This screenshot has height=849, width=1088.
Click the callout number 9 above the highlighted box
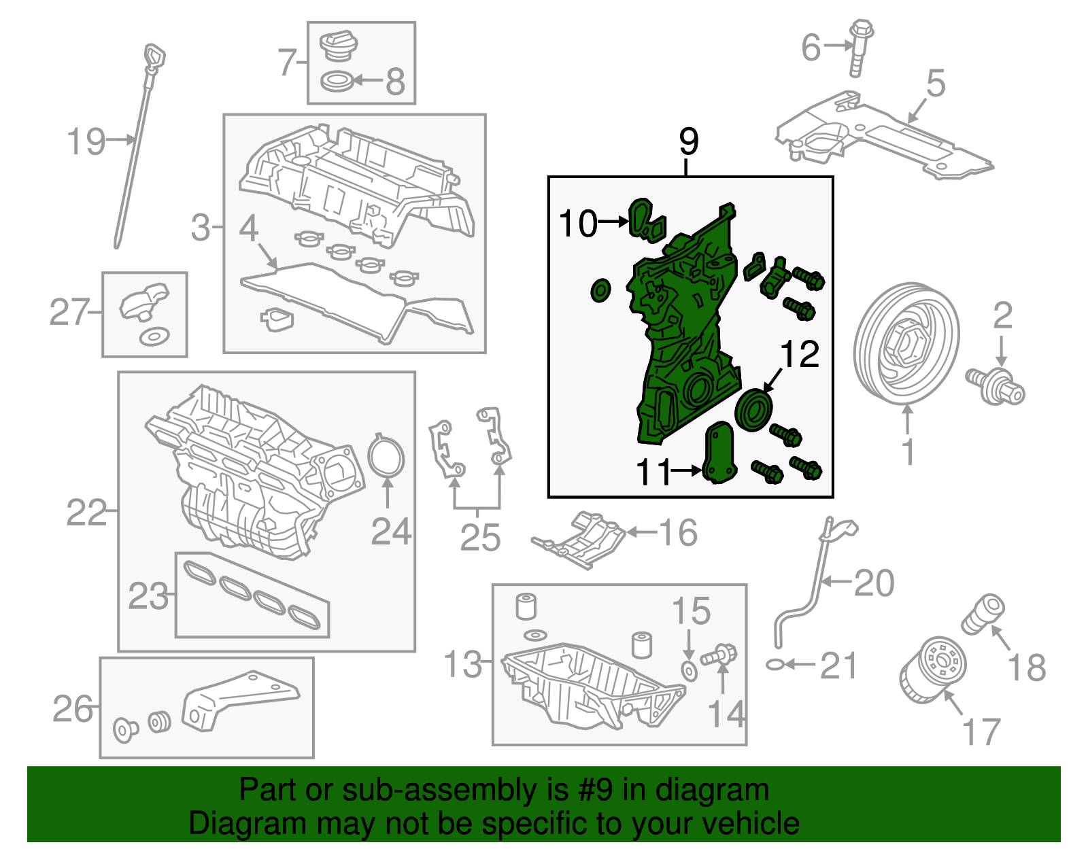point(688,142)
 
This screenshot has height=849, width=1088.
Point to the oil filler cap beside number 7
point(338,46)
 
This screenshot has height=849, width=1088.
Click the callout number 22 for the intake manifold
point(86,513)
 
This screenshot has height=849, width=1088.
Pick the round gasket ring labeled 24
point(386,457)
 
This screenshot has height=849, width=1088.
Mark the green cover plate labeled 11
point(719,452)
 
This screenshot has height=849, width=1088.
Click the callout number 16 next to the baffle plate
point(678,533)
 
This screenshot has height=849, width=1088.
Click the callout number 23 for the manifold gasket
point(148,597)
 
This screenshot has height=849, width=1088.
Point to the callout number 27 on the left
point(69,313)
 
